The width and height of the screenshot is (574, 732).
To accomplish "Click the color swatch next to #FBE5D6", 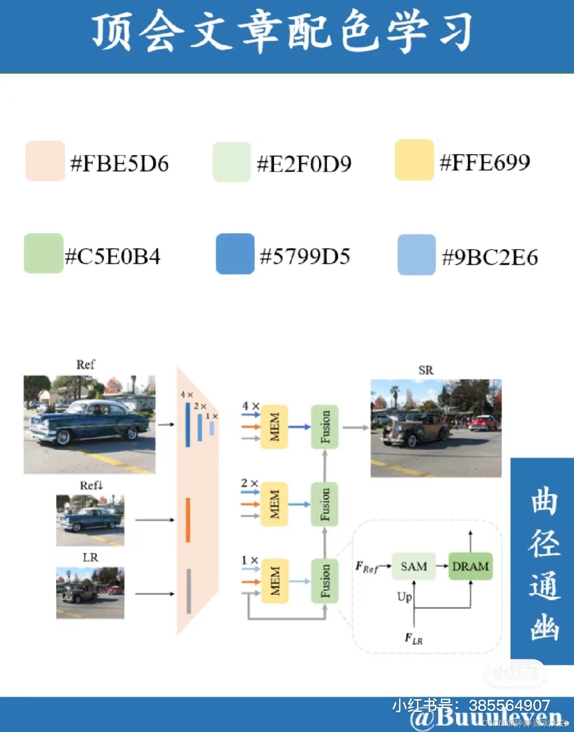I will tap(45, 161).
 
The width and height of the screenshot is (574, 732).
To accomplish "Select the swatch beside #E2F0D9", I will tap(231, 162).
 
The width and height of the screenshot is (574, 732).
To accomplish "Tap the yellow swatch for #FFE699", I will tap(414, 160).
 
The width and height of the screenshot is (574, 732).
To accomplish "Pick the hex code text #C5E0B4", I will tap(113, 257).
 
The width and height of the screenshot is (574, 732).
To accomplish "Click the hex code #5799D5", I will tap(305, 256).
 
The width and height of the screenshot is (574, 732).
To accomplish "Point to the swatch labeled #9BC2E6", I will tap(417, 254).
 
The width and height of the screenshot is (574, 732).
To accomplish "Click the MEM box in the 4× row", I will tap(274, 427).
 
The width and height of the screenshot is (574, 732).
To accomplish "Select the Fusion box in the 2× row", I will tap(325, 504).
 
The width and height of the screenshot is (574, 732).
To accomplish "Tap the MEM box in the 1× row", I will tap(274, 581).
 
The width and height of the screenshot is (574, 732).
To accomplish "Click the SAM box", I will tap(414, 566).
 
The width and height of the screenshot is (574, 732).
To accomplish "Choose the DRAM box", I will tap(470, 566).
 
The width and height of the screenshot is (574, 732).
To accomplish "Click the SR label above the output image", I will tap(426, 370).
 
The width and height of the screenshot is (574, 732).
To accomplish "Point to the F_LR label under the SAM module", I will tap(413, 638).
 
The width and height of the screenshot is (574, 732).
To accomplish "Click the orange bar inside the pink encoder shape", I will tap(188, 520).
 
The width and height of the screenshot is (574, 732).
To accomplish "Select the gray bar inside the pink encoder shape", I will tap(189, 591).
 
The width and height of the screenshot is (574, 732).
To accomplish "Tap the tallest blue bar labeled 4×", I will tap(188, 424).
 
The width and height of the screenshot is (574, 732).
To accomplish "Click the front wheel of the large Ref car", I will tap(62, 437).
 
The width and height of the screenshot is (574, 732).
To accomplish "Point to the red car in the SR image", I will tap(485, 422).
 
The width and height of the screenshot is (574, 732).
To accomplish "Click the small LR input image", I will tap(90, 592).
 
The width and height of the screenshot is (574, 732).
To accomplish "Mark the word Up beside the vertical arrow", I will tap(404, 597).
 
